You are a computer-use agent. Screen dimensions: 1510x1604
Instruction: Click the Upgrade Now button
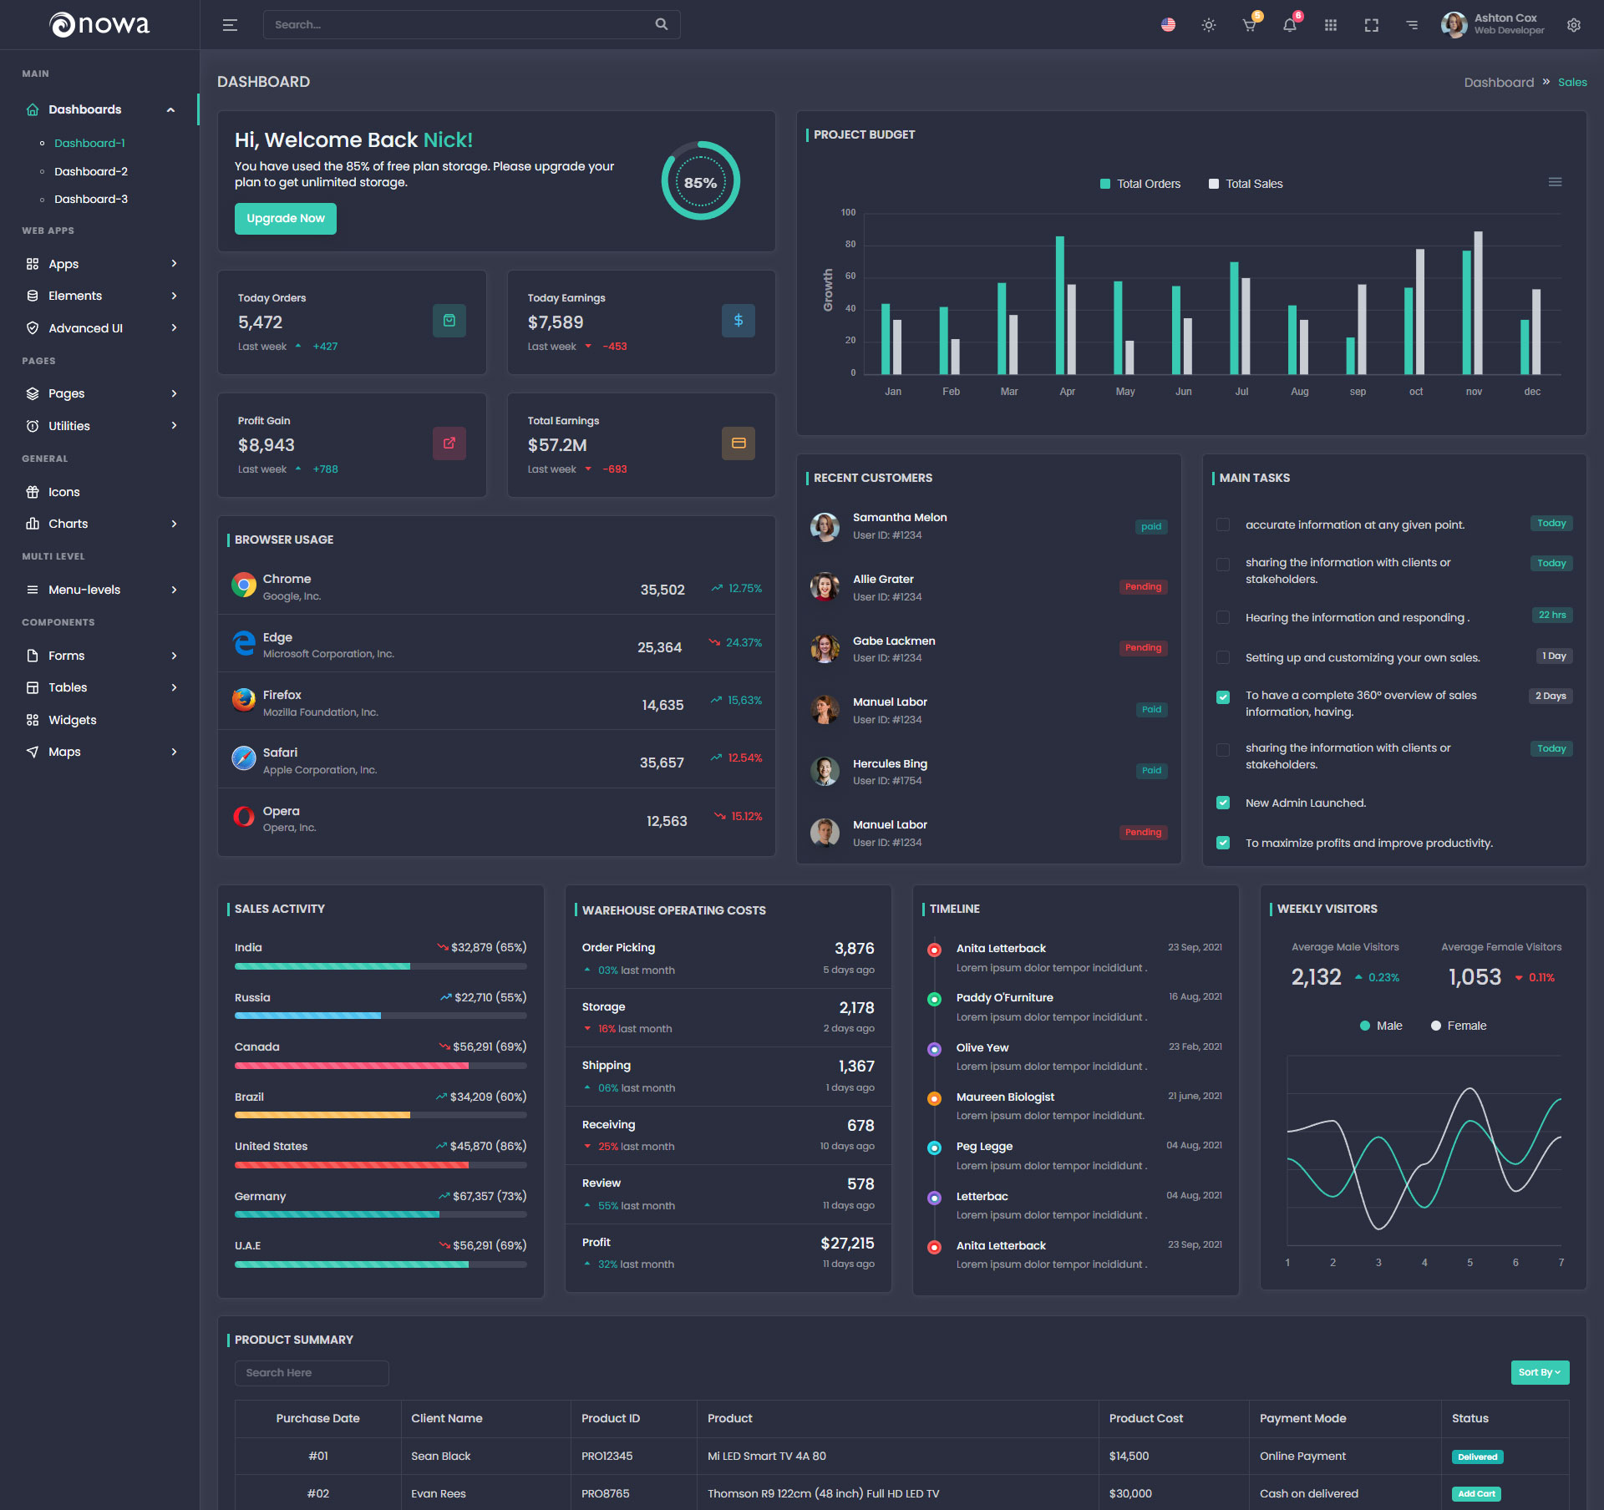pos(285,219)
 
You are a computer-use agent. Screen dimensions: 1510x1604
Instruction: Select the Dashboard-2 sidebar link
pos(91,171)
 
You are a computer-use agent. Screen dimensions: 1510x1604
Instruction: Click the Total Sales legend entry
pos(1246,184)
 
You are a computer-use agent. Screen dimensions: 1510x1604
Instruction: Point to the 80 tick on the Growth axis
pos(850,244)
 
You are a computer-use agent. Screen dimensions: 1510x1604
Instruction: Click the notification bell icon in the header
pos(1290,25)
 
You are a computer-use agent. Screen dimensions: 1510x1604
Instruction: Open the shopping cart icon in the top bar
pos(1249,25)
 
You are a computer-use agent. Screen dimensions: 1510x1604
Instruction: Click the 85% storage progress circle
pos(700,182)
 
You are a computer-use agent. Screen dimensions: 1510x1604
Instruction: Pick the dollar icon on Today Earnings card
pos(738,321)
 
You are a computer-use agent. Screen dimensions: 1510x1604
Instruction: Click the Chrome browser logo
pos(244,585)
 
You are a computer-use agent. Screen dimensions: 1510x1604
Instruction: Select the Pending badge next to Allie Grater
pos(1143,587)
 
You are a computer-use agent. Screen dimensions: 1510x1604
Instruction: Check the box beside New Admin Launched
pos(1223,803)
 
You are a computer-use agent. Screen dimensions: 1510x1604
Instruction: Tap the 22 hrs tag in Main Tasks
pos(1552,616)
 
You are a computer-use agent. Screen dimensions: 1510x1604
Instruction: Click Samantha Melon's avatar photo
pos(825,526)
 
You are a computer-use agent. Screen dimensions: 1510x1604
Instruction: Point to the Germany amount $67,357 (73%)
pos(489,1196)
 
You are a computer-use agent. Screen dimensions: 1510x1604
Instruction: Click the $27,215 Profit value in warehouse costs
pos(847,1243)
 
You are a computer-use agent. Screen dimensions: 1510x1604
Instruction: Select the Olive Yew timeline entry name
pos(982,1047)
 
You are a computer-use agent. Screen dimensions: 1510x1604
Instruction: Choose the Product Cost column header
pos(1146,1418)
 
